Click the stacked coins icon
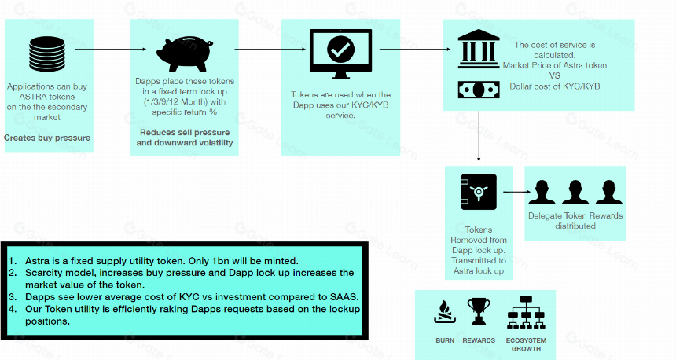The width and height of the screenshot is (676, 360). tap(47, 54)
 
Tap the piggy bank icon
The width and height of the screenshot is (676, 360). tap(185, 54)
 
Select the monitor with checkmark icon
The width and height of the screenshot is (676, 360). tap(340, 54)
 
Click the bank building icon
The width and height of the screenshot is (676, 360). tap(479, 49)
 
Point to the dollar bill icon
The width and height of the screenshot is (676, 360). tap(479, 90)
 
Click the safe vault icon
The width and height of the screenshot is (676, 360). tap(478, 192)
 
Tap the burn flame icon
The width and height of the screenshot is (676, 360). tap(445, 312)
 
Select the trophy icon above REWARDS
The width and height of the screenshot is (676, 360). tap(479, 311)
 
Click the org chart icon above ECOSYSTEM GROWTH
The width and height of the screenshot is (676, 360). tap(526, 312)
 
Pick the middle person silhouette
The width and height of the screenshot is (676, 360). tap(575, 192)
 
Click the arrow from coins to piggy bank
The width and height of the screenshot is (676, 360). tap(111, 50)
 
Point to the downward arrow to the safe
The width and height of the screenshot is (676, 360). tap(479, 136)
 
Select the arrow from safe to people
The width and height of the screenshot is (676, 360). tap(517, 192)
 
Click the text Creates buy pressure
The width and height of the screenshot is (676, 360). tap(47, 138)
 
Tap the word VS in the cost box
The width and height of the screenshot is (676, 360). tap(554, 76)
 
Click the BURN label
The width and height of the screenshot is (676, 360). tap(445, 340)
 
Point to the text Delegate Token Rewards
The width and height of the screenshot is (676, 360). tap(575, 215)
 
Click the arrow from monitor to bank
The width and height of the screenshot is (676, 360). tap(415, 50)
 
